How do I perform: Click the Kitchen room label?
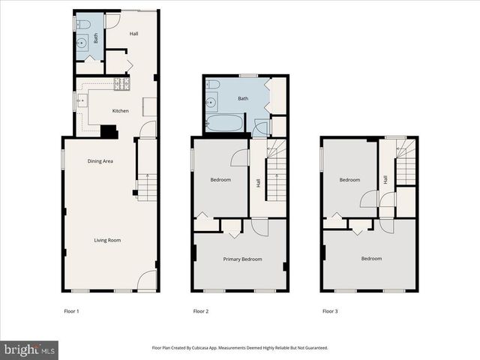pyautogui.click(x=120, y=111)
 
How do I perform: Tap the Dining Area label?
pyautogui.click(x=100, y=161)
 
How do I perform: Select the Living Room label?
pyautogui.click(x=107, y=241)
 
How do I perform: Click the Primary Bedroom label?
pyautogui.click(x=242, y=259)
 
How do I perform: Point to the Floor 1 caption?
pyautogui.click(x=72, y=310)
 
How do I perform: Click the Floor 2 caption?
pyautogui.click(x=200, y=310)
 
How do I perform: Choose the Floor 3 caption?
pyautogui.click(x=330, y=310)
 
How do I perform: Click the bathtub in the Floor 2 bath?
pyautogui.click(x=224, y=123)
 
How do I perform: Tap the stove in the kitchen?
pyautogui.click(x=122, y=84)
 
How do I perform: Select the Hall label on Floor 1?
pyautogui.click(x=133, y=34)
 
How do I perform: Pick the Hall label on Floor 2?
pyautogui.click(x=258, y=181)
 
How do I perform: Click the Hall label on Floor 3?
pyautogui.click(x=385, y=180)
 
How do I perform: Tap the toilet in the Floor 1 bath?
pyautogui.click(x=83, y=25)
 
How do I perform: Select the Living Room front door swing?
pyautogui.click(x=148, y=281)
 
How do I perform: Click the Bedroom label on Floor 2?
pyautogui.click(x=220, y=180)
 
